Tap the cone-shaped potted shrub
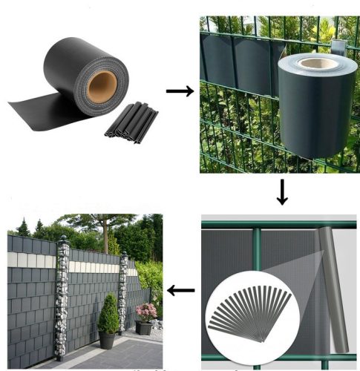pos(108,315)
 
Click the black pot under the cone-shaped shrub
pos(108,340)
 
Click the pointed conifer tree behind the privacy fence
pos(23,227)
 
